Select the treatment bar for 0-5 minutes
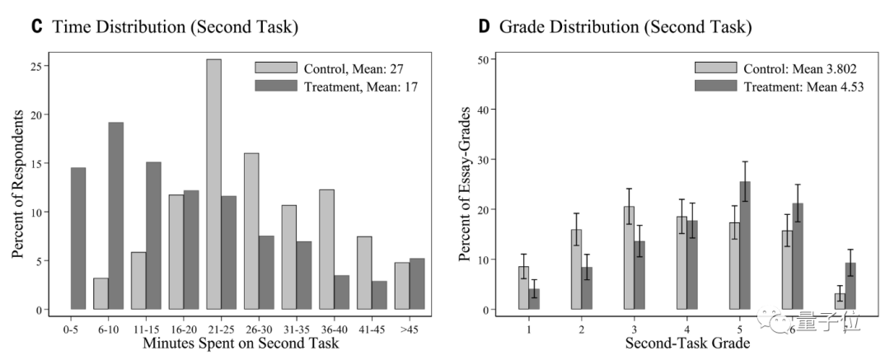pos(78,239)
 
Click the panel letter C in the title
pos(36,26)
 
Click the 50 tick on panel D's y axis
pos(483,59)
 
